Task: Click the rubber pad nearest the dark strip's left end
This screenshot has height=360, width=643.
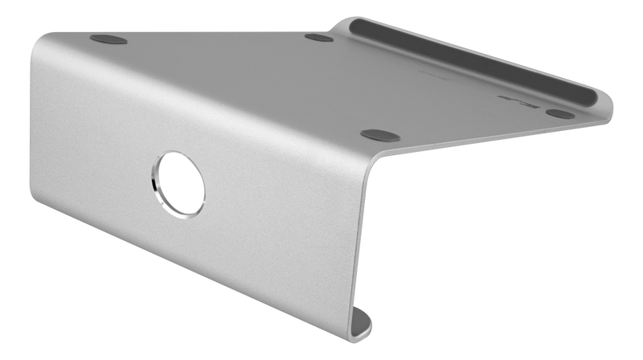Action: point(319,37)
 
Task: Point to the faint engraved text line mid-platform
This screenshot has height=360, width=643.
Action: point(438,77)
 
